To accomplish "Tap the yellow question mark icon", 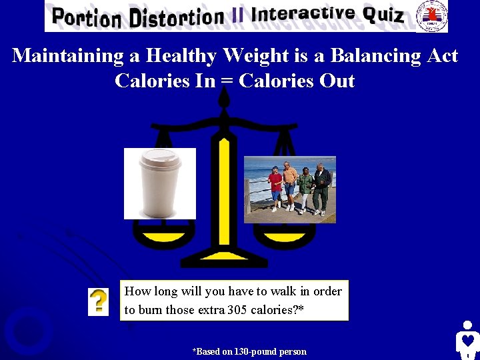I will pyautogui.click(x=98, y=302).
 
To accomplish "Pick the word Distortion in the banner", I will pyautogui.click(x=177, y=17).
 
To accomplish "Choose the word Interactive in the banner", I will pyautogui.click(x=303, y=13).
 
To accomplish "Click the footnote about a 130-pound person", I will pyautogui.click(x=249, y=351).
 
